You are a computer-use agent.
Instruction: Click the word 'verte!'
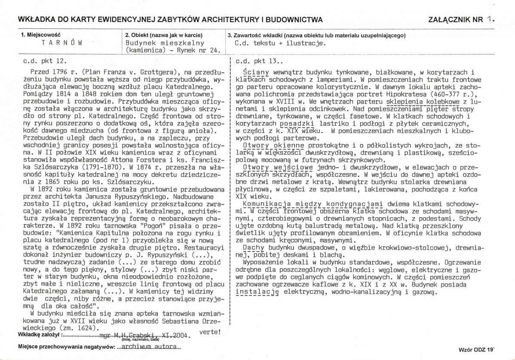tap(211, 332)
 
